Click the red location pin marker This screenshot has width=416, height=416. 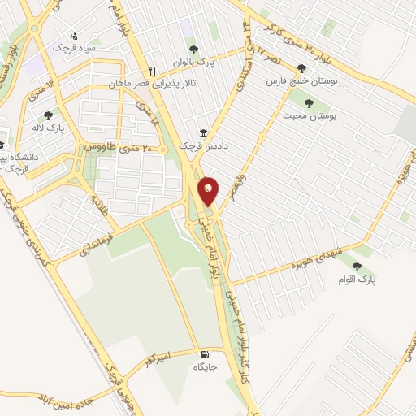209,192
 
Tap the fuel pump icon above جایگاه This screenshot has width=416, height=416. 203,354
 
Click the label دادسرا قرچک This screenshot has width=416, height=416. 199,145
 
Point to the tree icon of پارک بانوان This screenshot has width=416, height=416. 193,50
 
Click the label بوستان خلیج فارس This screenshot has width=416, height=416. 301,81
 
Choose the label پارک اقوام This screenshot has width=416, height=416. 357,279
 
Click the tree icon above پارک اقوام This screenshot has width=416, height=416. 357,266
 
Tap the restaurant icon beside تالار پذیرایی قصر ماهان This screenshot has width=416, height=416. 152,71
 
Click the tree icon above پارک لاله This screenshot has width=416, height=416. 49,115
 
